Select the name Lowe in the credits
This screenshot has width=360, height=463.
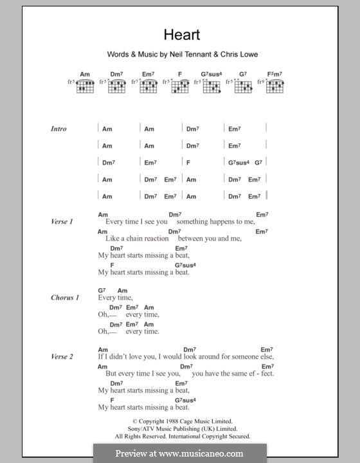[x=247, y=55]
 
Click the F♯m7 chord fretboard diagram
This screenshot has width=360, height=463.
[x=275, y=86]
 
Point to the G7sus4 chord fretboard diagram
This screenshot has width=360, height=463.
[x=212, y=86]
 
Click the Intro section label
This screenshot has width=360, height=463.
[x=59, y=129]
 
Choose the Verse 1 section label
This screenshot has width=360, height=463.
[x=62, y=222]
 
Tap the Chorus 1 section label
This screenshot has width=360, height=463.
[x=65, y=298]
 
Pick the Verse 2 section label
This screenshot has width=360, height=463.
[x=62, y=356]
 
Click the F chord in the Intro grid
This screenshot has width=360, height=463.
[x=189, y=163]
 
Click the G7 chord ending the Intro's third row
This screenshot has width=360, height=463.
[x=258, y=163]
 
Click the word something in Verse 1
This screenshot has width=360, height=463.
[x=197, y=222]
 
